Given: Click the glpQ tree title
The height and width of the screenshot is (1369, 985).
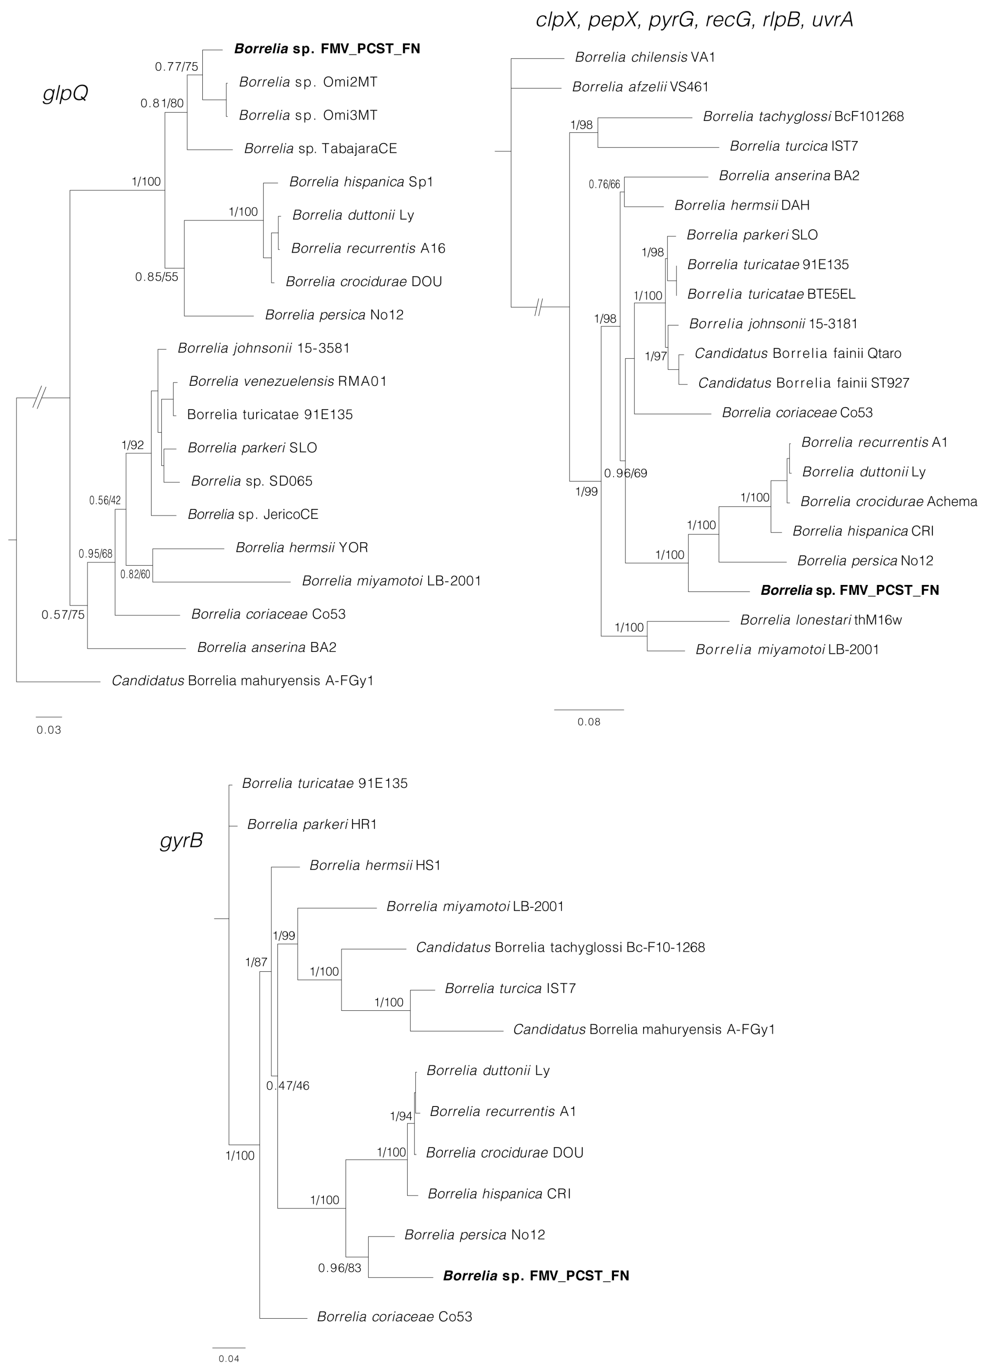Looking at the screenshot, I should pyautogui.click(x=65, y=93).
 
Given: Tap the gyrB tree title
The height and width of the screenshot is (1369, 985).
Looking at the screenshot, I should pyautogui.click(x=181, y=841).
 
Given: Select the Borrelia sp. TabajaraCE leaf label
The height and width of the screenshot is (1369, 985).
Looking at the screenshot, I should pyautogui.click(x=321, y=148).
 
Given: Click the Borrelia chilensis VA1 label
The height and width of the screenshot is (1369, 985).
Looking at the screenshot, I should pyautogui.click(x=645, y=57).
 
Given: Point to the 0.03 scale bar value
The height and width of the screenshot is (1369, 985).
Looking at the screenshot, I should pyautogui.click(x=49, y=730).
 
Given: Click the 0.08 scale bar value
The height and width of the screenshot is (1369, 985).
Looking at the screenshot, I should pyautogui.click(x=589, y=721).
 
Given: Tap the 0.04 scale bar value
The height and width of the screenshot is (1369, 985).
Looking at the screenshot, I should pyautogui.click(x=229, y=1359).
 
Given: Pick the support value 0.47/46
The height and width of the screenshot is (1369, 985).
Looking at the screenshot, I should pyautogui.click(x=288, y=1086).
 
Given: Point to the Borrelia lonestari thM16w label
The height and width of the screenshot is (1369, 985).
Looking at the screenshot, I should pyautogui.click(x=821, y=620).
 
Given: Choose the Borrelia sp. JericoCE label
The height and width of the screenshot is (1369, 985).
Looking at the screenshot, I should pyautogui.click(x=253, y=514).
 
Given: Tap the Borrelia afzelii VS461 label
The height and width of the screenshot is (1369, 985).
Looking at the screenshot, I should pyautogui.click(x=640, y=87).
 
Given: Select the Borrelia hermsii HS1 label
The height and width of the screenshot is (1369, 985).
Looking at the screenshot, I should pyautogui.click(x=375, y=865).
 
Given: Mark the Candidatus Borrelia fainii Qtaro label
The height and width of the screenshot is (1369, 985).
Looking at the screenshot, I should pyautogui.click(x=798, y=353).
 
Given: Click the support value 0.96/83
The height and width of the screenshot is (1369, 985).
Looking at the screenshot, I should pyautogui.click(x=340, y=1268).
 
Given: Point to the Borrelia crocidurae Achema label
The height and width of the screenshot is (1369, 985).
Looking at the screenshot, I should pyautogui.click(x=889, y=502).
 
